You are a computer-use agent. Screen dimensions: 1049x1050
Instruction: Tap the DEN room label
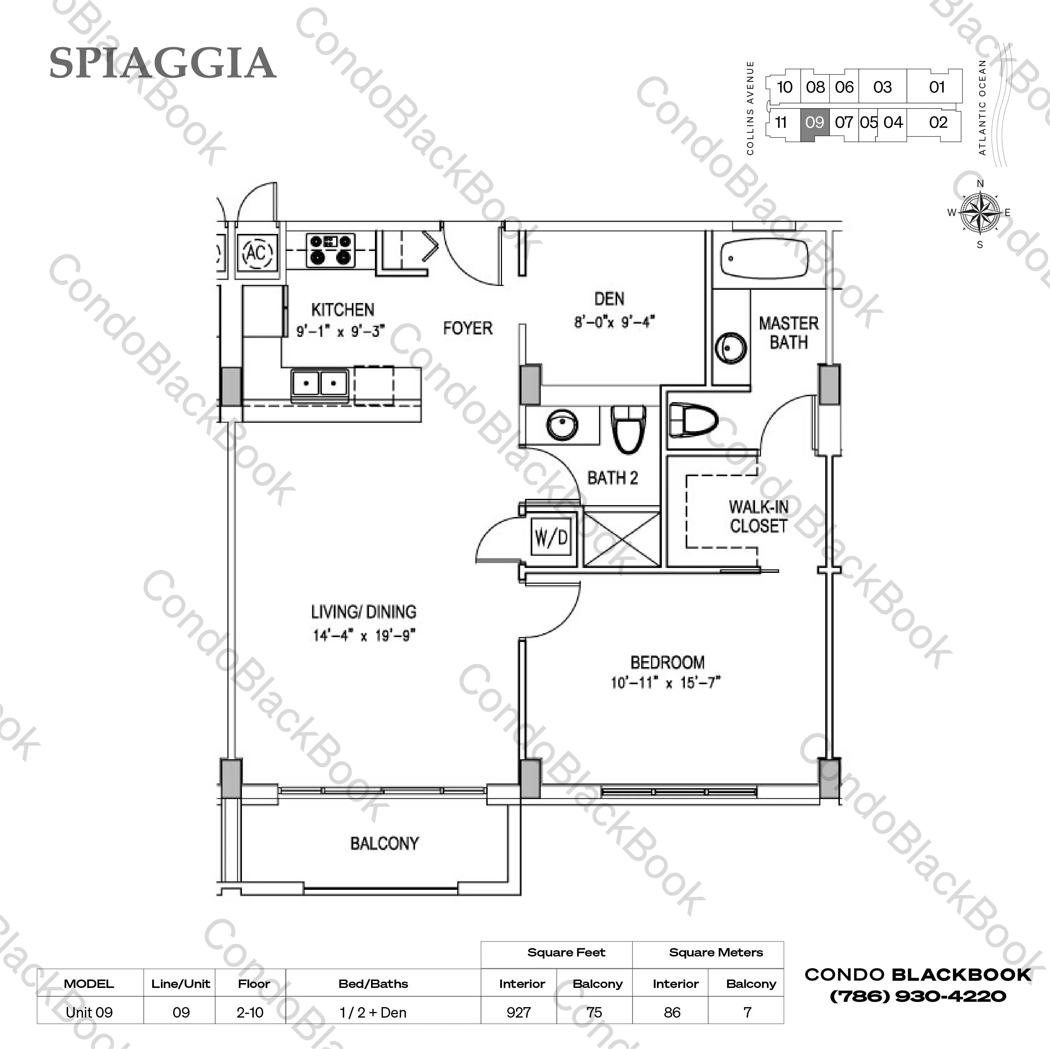(609, 299)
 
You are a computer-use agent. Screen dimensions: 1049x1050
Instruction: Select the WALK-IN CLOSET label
(758, 516)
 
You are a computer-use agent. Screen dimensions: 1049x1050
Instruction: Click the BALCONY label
(384, 843)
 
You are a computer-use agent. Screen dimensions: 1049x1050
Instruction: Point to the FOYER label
(467, 328)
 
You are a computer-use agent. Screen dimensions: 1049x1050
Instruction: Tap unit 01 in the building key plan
(937, 87)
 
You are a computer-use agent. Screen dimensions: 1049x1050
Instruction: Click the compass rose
(980, 213)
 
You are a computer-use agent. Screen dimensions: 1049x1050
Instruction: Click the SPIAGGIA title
(163, 63)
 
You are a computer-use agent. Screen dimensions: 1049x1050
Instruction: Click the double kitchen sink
(319, 383)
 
